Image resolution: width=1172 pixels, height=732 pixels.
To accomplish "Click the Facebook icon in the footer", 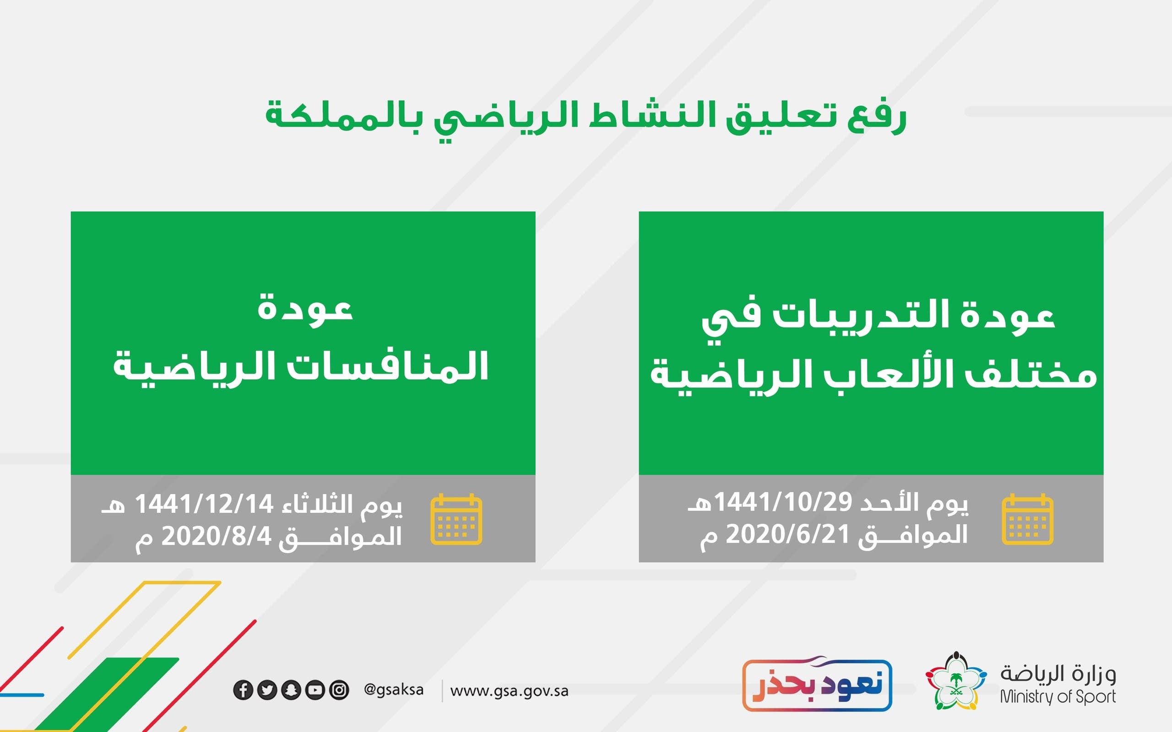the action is tap(243, 690).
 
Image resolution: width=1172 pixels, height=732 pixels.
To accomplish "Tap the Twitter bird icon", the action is tap(267, 690).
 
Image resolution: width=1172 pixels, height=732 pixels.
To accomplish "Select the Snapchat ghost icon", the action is tap(291, 690).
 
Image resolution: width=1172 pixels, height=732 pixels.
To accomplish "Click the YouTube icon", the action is tap(315, 690).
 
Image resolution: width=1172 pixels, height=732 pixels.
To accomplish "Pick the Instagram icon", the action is tap(339, 690).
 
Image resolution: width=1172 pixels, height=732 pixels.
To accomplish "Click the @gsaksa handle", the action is tap(394, 689).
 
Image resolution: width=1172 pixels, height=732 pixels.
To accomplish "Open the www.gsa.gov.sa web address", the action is tap(509, 691).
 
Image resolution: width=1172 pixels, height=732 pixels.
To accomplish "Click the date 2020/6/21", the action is tap(788, 534).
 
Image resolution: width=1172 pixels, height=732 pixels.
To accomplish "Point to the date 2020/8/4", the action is tap(217, 536).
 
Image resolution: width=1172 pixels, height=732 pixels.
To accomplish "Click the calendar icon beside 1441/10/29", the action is tap(1027, 519).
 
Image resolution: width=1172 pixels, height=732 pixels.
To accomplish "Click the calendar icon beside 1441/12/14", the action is tap(456, 519).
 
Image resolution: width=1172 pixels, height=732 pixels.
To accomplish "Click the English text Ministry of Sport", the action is tap(1058, 697).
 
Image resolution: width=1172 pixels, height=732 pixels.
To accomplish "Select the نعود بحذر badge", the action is tap(817, 684).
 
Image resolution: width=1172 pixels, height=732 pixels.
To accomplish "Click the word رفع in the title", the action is tap(877, 118).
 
